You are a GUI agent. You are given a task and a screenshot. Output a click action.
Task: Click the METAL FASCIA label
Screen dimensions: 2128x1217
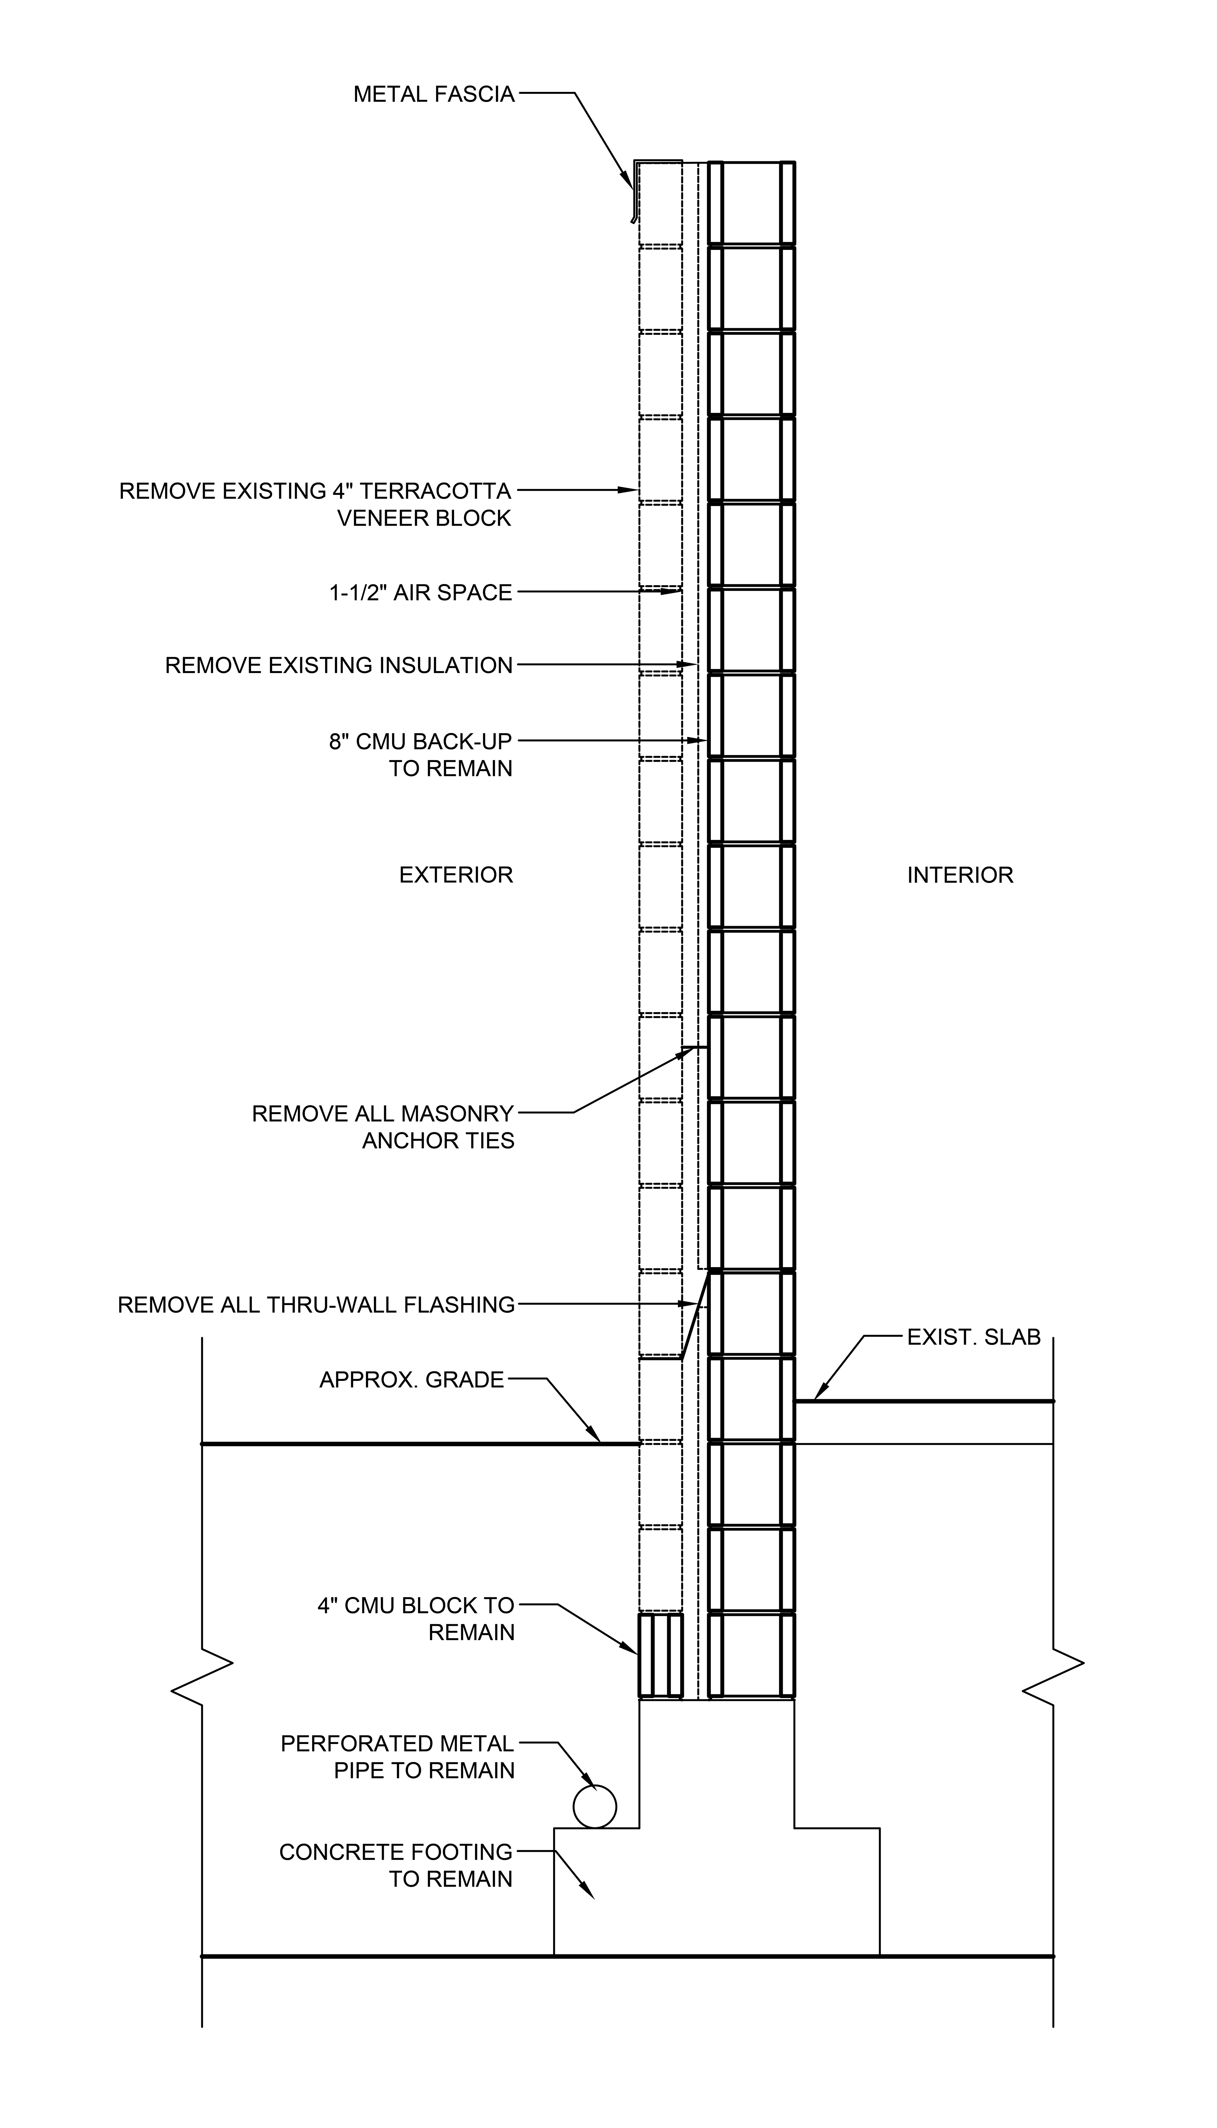click(434, 94)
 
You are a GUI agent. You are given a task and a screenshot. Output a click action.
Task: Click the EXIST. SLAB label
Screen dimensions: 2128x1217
click(974, 1338)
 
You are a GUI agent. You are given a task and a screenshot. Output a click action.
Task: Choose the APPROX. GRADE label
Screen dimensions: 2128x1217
click(411, 1379)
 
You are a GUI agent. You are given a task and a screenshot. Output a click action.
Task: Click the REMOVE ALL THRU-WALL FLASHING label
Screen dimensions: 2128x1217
click(316, 1305)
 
